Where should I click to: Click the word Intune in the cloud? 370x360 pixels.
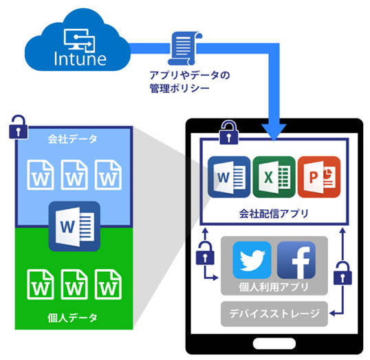[80, 59]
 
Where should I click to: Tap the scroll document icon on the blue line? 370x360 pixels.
[185, 48]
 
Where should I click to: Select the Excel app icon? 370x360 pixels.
[274, 177]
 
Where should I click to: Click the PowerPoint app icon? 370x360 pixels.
[319, 177]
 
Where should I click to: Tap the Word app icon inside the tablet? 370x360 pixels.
[229, 177]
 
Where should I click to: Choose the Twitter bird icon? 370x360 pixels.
[252, 260]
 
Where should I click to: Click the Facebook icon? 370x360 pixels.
[296, 260]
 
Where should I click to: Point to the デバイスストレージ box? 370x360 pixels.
[274, 314]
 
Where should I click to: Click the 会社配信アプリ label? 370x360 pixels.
[274, 214]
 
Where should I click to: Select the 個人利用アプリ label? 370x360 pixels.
[274, 287]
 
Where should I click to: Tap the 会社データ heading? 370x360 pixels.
[72, 139]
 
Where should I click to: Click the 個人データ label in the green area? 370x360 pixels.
[72, 318]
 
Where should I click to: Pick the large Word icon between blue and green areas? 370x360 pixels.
[74, 226]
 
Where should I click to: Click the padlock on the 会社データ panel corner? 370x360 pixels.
[18, 127]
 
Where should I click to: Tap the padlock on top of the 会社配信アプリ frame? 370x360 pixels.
[228, 133]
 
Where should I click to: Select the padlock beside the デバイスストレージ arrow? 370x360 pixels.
[342, 273]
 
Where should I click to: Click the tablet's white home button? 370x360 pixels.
[274, 343]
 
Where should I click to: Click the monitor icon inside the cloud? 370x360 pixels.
[80, 40]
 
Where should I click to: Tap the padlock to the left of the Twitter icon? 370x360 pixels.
[205, 253]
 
